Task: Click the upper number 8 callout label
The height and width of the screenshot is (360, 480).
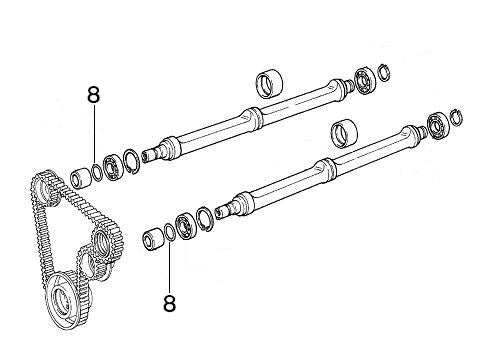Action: (x=94, y=96)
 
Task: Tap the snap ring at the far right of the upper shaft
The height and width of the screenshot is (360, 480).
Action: (x=383, y=69)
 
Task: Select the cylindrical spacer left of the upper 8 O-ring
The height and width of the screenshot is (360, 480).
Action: (x=80, y=178)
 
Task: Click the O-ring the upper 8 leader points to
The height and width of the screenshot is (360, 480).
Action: (x=96, y=171)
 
